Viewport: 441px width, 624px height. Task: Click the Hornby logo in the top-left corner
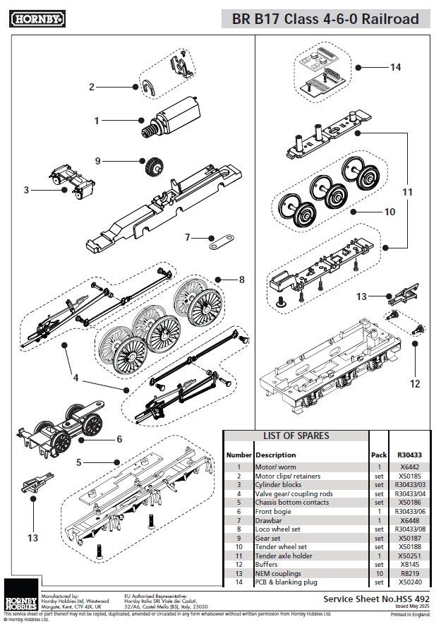pyautogui.click(x=38, y=18)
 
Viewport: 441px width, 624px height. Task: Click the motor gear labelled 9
pyautogui.click(x=152, y=167)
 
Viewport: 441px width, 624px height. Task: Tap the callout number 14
pyautogui.click(x=395, y=67)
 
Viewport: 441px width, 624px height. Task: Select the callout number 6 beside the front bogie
pyautogui.click(x=119, y=439)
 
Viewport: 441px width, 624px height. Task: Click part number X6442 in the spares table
pyautogui.click(x=409, y=467)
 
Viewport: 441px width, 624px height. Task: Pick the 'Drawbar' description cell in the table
pyautogui.click(x=268, y=520)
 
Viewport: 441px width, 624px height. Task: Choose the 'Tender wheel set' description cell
pyautogui.click(x=281, y=547)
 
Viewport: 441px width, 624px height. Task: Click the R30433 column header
pyautogui.click(x=409, y=455)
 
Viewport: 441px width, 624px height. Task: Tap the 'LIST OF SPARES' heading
pyautogui.click(x=296, y=436)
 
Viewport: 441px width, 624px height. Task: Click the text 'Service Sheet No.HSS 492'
pyautogui.click(x=376, y=599)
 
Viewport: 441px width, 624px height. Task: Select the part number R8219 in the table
pyautogui.click(x=409, y=573)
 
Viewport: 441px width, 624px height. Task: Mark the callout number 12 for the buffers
pyautogui.click(x=415, y=383)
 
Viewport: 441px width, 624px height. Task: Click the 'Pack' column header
pyautogui.click(x=379, y=455)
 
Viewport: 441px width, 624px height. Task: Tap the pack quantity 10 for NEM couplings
pyautogui.click(x=380, y=573)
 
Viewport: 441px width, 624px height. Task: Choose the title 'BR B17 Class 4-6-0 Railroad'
pyautogui.click(x=326, y=18)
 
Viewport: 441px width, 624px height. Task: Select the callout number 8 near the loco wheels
pyautogui.click(x=242, y=280)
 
